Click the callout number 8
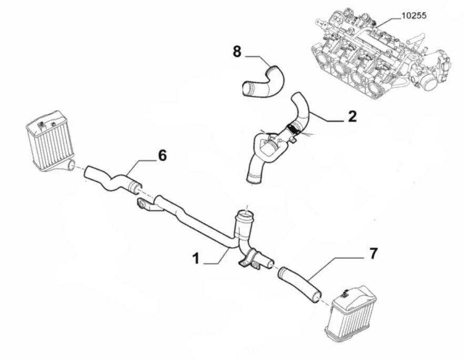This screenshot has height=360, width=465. point(237,52)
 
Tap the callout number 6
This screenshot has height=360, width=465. point(162,156)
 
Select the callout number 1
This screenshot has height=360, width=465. point(196,258)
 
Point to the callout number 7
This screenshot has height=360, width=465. point(373,254)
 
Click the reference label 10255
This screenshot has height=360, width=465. point(413,16)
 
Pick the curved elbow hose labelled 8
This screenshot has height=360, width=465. point(264,83)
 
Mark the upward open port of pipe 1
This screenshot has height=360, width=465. point(245,214)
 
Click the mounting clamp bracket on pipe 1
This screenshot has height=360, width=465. point(252,258)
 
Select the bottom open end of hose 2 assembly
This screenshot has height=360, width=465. point(254,178)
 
